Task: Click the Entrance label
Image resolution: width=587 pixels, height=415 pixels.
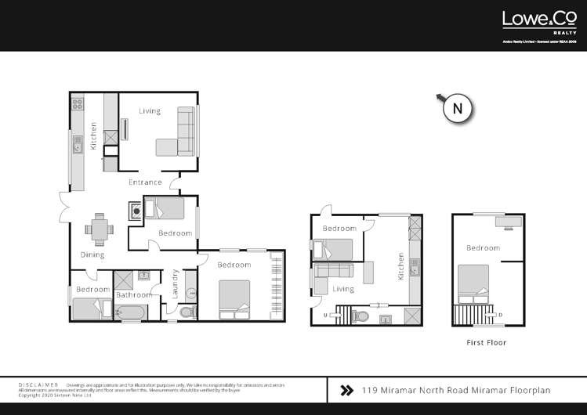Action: click(x=145, y=182)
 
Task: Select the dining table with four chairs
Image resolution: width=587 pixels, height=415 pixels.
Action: click(x=100, y=229)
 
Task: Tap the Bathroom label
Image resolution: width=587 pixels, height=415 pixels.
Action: click(x=134, y=295)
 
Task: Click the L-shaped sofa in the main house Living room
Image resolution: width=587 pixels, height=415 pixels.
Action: click(x=179, y=133)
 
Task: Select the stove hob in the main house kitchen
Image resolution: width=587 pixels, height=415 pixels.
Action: click(x=78, y=103)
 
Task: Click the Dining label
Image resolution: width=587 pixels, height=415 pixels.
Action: click(x=92, y=255)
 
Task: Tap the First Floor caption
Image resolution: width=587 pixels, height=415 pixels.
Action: click(x=486, y=342)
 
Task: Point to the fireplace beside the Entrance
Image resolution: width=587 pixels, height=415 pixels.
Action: click(x=136, y=211)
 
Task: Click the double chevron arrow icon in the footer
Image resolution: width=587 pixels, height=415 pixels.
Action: click(x=346, y=389)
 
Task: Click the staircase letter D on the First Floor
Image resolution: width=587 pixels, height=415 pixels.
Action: click(x=500, y=316)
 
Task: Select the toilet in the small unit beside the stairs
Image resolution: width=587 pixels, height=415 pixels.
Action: click(x=361, y=317)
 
